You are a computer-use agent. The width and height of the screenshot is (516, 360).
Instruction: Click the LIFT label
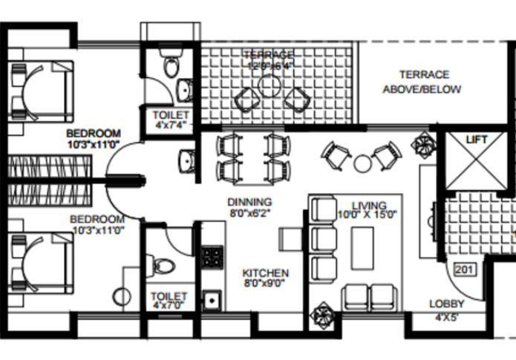pos(475,140)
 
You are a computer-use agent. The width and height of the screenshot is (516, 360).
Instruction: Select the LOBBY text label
pos(446,304)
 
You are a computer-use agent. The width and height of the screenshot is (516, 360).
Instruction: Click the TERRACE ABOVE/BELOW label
pos(422,82)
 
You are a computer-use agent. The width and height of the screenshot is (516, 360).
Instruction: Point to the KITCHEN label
pos(266,274)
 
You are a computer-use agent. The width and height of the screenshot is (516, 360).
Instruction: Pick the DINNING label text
pos(249,202)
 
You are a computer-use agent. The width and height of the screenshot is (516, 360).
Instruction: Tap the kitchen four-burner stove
pos(212,257)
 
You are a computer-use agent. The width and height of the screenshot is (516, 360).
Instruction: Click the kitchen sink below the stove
pos(212,301)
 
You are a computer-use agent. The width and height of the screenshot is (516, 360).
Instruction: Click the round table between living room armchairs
pos(362,163)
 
